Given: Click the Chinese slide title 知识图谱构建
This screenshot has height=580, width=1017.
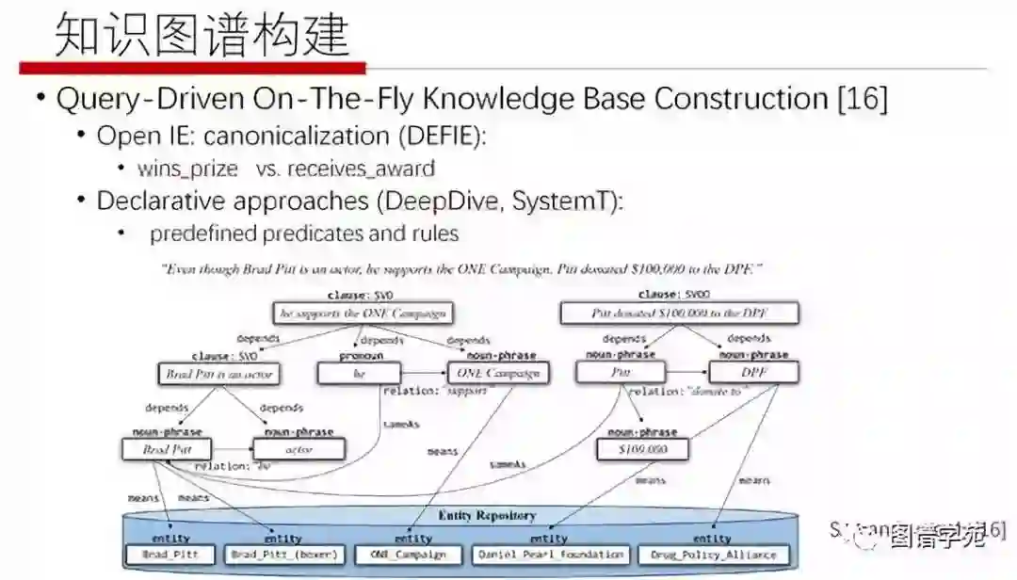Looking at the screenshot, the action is pos(202,35).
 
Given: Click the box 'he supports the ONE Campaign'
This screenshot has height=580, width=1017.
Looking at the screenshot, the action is pos(361,314).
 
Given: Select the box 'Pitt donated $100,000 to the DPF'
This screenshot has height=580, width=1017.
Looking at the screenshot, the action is pos(680,314).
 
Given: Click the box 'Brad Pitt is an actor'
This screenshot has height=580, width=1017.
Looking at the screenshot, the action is pos(218,374).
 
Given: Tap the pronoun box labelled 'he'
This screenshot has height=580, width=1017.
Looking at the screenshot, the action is pos(359,374).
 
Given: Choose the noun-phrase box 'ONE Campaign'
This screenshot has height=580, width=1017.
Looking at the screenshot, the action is pos(496,374).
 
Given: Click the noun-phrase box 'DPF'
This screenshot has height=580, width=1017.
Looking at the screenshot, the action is pos(753,374).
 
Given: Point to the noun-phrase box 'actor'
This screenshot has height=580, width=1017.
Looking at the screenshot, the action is pos(299,449).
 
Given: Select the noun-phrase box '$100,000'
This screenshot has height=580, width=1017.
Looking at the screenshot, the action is pos(643,449).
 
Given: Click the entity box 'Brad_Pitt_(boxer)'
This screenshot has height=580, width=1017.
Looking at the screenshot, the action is pos(284,555).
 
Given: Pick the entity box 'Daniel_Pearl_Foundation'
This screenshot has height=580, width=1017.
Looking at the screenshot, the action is pos(550,555).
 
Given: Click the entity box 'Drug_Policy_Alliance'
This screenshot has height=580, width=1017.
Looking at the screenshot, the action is pos(713,555).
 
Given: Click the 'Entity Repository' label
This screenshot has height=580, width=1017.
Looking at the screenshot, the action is pos(487,516).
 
